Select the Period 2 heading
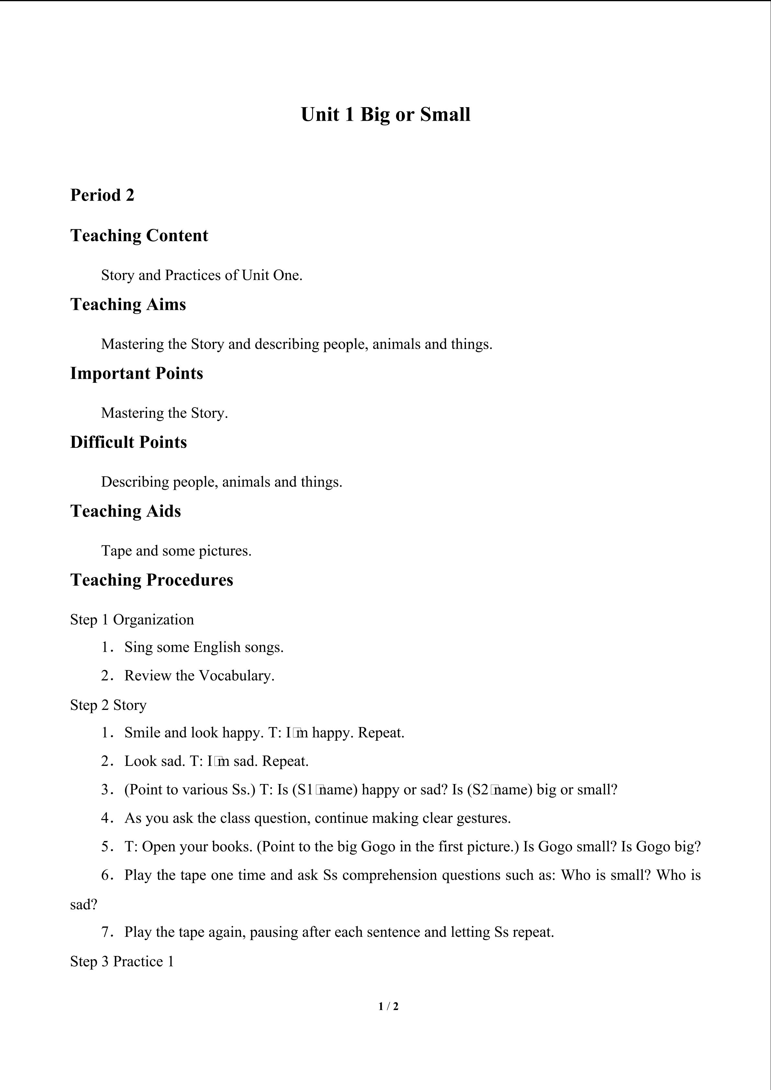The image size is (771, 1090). [x=102, y=195]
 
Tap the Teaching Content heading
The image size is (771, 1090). [x=139, y=235]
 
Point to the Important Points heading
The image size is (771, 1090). [x=136, y=373]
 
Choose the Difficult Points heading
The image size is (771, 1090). [x=128, y=442]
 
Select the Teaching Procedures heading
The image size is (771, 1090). [x=152, y=580]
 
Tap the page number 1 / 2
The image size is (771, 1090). [x=388, y=1006]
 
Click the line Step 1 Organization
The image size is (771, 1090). [x=132, y=620]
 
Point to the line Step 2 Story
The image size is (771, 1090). [x=108, y=705]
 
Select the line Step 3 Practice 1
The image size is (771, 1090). [x=122, y=961]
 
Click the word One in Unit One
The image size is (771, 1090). [x=287, y=275]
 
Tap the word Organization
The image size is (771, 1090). [x=153, y=620]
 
